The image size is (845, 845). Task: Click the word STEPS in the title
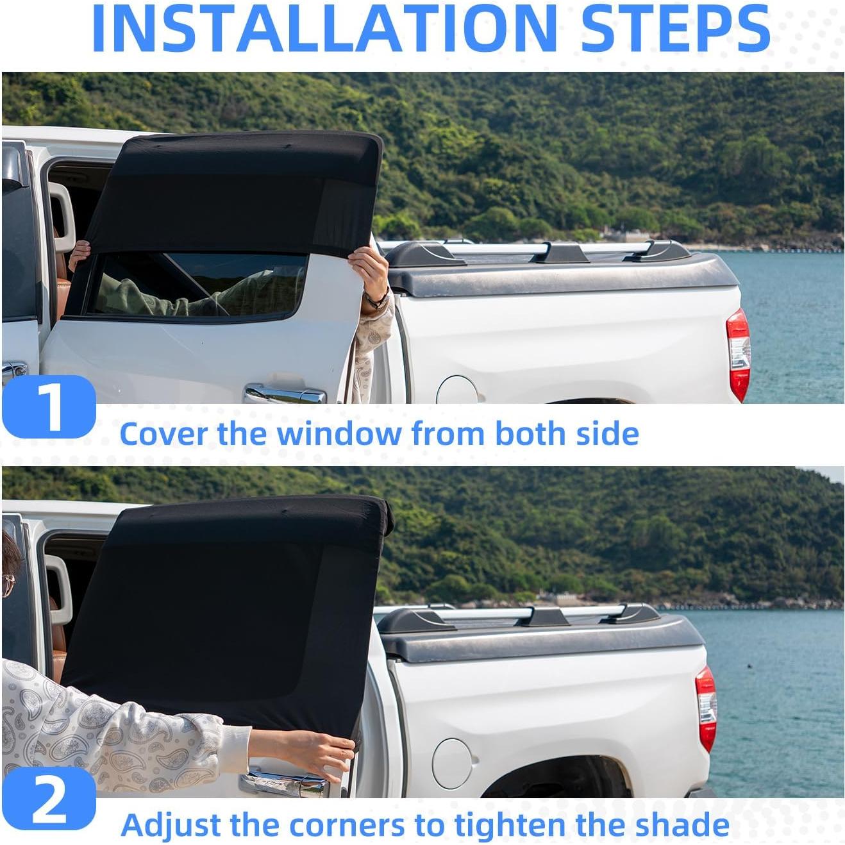pyautogui.click(x=674, y=29)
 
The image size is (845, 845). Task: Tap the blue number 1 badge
pyautogui.click(x=49, y=406)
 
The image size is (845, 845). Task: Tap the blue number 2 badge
pyautogui.click(x=49, y=799)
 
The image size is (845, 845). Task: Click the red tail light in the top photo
pyautogui.click(x=738, y=354)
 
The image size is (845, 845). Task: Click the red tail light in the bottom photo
pyautogui.click(x=706, y=708)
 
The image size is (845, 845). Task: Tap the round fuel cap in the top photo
pyautogui.click(x=457, y=390)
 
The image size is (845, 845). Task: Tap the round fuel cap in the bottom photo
pyautogui.click(x=452, y=763)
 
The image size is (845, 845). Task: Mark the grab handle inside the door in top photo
pyautogui.click(x=63, y=218)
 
